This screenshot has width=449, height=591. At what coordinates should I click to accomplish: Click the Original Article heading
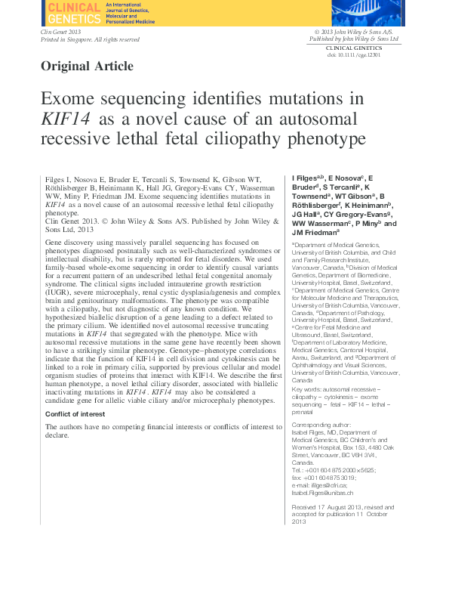click(87, 66)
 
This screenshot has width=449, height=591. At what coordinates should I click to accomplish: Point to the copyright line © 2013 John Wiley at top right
click(355, 32)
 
